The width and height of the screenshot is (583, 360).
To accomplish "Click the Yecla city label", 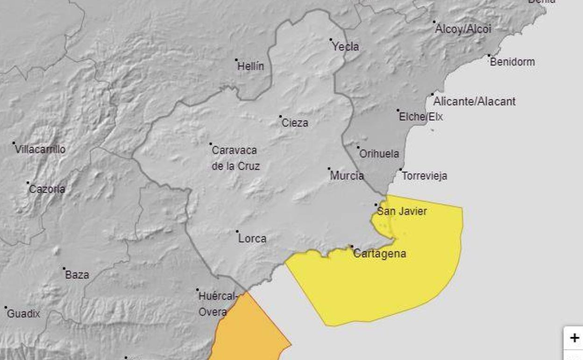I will click(345, 46).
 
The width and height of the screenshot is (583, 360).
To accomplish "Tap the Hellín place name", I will click(250, 66).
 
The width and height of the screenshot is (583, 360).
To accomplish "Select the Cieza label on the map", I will click(295, 123).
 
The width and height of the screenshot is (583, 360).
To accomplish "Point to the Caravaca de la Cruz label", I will click(235, 158).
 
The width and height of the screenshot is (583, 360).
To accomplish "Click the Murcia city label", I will click(347, 176).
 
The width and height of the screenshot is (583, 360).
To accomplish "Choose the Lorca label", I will click(252, 238).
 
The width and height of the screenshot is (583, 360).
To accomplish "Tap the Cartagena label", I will click(379, 254).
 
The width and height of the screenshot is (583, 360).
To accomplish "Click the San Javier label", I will click(402, 211).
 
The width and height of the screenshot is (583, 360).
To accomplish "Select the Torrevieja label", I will click(424, 176).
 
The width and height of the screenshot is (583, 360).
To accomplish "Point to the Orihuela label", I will click(379, 154).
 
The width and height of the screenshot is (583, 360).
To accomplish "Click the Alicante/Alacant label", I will click(474, 101).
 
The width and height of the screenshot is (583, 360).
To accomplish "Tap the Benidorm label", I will click(512, 62).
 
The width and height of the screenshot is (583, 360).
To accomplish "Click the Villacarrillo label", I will click(40, 150).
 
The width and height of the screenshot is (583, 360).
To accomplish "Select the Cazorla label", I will click(47, 189).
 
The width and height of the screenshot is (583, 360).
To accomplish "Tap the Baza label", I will click(77, 275).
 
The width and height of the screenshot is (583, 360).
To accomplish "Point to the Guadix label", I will click(23, 314).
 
